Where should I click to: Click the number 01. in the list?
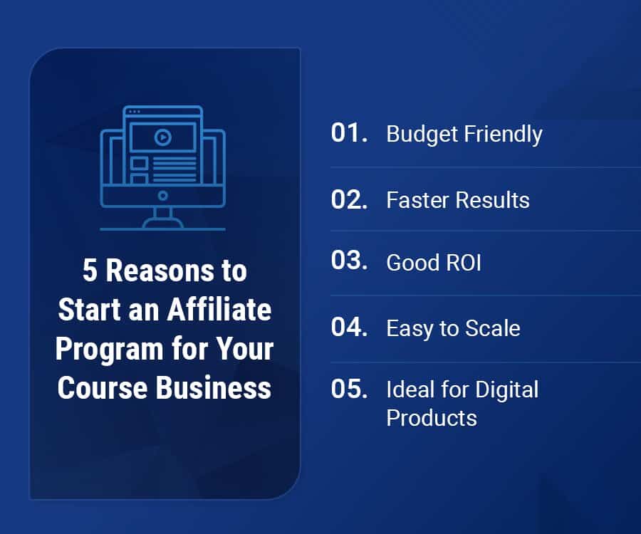click(x=349, y=132)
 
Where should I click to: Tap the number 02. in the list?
click(x=349, y=199)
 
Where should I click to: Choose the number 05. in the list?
click(x=349, y=388)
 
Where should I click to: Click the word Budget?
click(x=422, y=135)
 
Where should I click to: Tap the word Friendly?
click(x=504, y=135)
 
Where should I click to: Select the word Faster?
click(x=418, y=200)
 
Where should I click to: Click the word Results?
click(x=493, y=200)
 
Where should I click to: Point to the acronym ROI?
click(x=464, y=262)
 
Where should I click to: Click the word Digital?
click(x=507, y=390)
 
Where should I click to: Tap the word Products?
click(x=432, y=418)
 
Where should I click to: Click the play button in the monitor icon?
click(x=162, y=137)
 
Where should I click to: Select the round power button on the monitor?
click(x=162, y=196)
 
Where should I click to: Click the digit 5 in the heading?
click(x=90, y=270)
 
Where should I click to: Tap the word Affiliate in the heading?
click(x=219, y=309)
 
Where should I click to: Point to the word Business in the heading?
click(x=214, y=387)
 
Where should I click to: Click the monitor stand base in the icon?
click(x=162, y=224)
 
